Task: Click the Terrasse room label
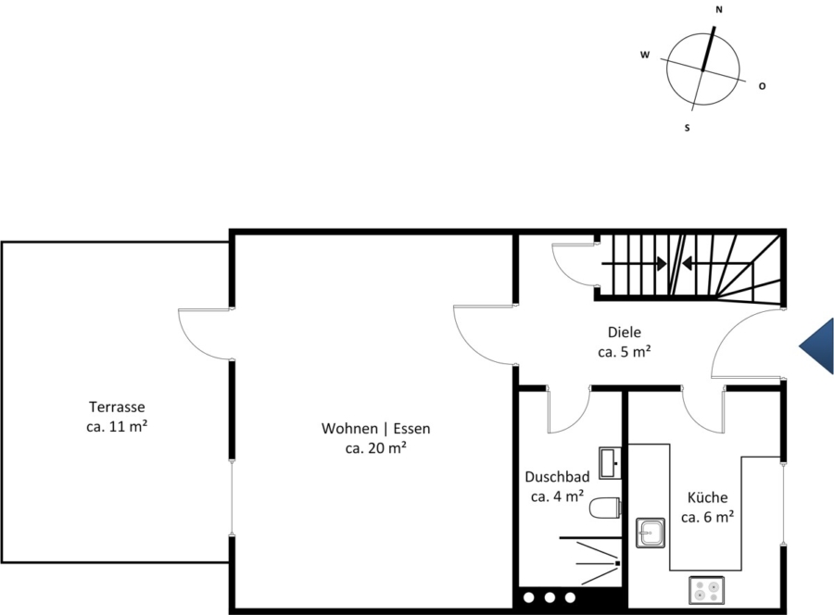(117, 408)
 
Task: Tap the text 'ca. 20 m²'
(376, 448)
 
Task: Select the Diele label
(625, 333)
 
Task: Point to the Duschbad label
(557, 476)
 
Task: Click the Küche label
(707, 497)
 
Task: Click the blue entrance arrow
(816, 346)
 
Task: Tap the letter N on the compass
(719, 9)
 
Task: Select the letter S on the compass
(688, 128)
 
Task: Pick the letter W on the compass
(645, 55)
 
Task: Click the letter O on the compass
(763, 86)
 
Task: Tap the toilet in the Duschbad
(605, 508)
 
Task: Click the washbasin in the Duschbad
(610, 463)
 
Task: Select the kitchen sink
(651, 533)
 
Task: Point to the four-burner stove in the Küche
(706, 590)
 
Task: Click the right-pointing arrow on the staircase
(634, 263)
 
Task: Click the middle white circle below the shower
(550, 598)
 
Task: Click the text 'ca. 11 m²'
(117, 426)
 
